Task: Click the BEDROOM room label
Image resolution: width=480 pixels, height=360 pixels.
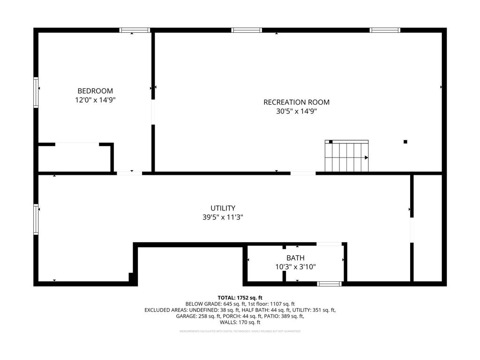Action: [x=95, y=91]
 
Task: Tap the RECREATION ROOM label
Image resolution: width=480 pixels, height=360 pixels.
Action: [x=296, y=102]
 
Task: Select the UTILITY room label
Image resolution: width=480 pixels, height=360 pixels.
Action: [x=223, y=208]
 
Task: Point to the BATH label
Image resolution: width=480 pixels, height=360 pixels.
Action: [x=295, y=258]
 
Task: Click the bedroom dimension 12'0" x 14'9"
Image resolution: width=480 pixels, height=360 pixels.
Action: [x=95, y=100]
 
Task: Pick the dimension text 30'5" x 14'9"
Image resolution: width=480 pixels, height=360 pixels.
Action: [x=296, y=112]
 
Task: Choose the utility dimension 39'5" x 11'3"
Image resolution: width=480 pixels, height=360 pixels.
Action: [x=223, y=217]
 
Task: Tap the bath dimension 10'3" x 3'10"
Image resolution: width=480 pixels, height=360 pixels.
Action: [x=295, y=267]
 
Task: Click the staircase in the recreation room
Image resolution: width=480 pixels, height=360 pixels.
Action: [x=346, y=156]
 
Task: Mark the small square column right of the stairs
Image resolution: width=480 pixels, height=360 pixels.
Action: [x=405, y=142]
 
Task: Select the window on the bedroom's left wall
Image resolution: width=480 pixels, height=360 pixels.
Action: [x=36, y=92]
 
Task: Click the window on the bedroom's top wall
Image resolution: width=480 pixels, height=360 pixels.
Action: [x=135, y=30]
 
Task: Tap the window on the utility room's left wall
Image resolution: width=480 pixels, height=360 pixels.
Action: [x=36, y=218]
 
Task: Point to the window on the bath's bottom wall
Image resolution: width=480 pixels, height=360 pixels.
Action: [x=330, y=284]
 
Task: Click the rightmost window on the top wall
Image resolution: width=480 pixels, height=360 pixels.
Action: [x=385, y=30]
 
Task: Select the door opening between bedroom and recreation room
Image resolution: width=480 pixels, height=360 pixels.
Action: [x=153, y=112]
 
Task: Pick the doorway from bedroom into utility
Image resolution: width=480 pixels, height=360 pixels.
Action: [x=129, y=173]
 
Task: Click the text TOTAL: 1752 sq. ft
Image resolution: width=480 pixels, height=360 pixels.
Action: [x=240, y=298]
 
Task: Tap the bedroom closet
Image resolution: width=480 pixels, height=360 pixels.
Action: [x=75, y=158]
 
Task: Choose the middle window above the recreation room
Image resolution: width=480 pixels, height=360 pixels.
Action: [x=247, y=30]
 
